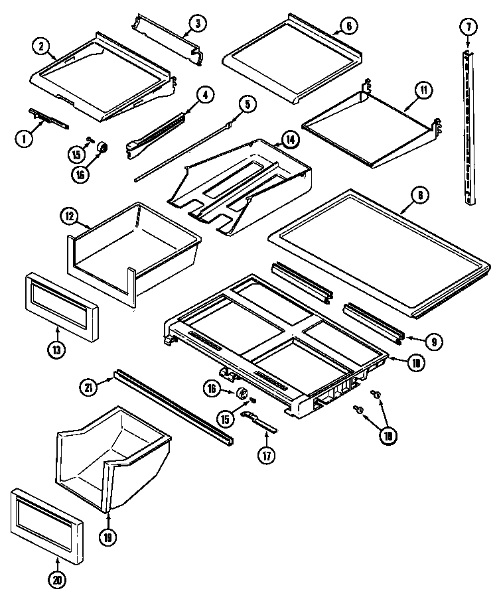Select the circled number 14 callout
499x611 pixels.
click(289, 139)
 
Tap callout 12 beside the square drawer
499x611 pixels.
click(70, 216)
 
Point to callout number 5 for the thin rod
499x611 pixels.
click(247, 103)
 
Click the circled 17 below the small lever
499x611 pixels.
click(266, 457)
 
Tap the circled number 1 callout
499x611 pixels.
click(23, 139)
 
